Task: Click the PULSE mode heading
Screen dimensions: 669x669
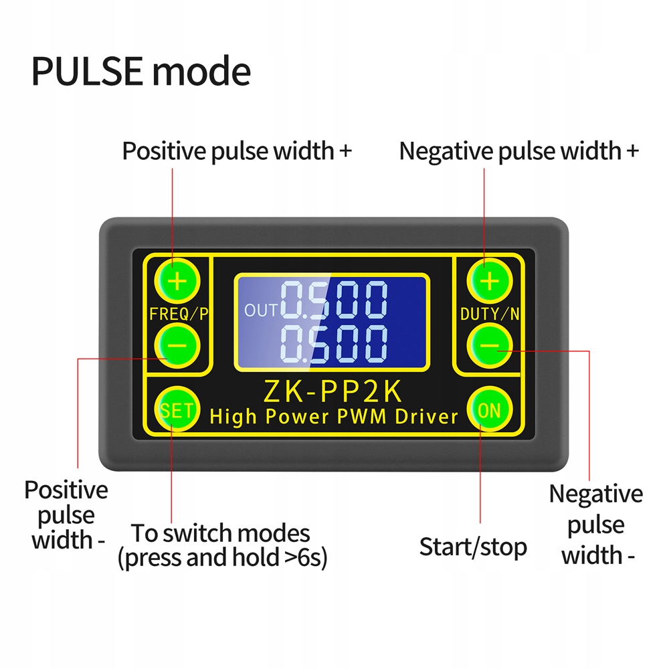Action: click(x=141, y=72)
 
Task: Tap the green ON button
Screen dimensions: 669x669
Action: click(x=490, y=410)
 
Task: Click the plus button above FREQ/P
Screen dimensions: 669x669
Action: click(x=177, y=281)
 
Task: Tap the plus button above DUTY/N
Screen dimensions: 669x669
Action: click(x=490, y=281)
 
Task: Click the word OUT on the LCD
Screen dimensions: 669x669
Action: click(x=260, y=310)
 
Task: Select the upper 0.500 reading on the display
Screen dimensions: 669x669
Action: click(x=334, y=300)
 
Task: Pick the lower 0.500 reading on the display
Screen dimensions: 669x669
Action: click(x=334, y=344)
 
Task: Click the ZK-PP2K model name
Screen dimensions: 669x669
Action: click(x=334, y=390)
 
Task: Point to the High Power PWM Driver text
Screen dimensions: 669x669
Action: click(x=334, y=416)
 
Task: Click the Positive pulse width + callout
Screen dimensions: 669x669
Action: click(x=237, y=151)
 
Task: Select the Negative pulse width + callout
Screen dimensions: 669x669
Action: click(x=519, y=151)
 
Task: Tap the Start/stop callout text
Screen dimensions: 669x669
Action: click(x=473, y=547)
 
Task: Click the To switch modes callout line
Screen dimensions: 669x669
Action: click(x=221, y=533)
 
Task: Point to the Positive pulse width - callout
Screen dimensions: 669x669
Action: click(x=66, y=514)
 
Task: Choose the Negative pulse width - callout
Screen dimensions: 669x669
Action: click(x=596, y=524)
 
